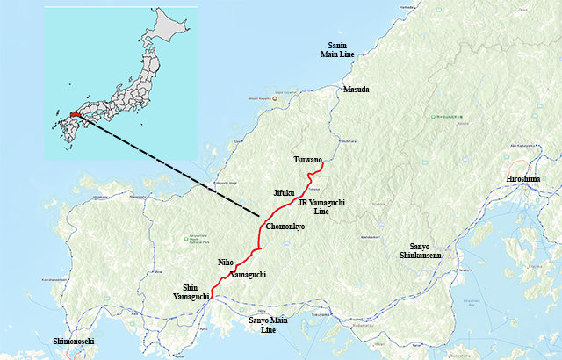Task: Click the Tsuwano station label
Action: click(309, 160)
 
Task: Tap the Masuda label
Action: click(357, 90)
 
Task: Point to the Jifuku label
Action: click(285, 191)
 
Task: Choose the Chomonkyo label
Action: click(285, 227)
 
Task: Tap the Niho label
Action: click(225, 262)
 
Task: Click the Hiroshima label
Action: click(523, 179)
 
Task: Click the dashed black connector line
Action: click(176, 167)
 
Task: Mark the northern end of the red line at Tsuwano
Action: click(322, 164)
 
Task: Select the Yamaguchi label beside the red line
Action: click(247, 275)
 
